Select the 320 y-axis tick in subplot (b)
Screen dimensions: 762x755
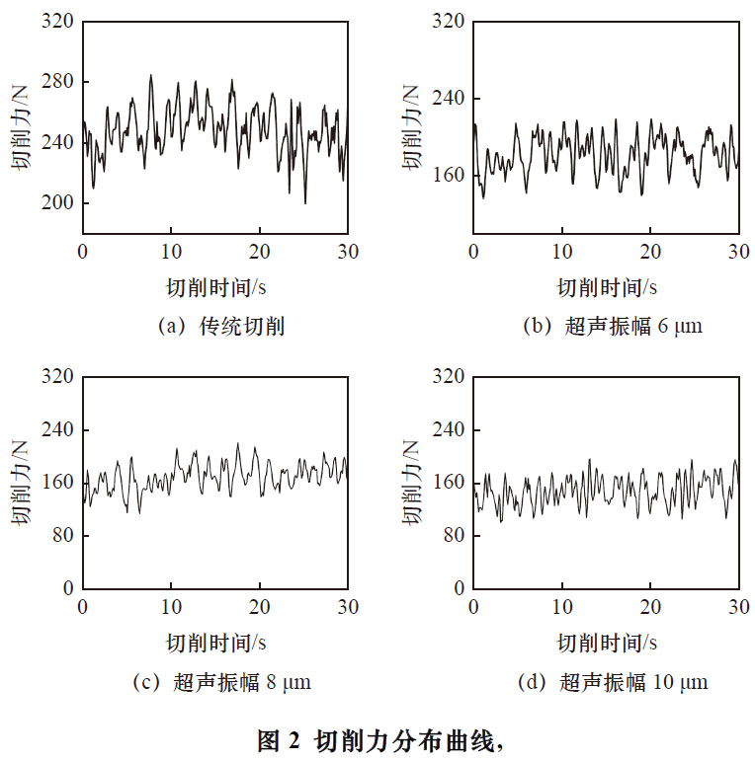(x=451, y=22)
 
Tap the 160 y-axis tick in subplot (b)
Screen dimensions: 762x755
(x=451, y=176)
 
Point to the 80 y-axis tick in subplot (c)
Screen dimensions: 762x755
(x=63, y=535)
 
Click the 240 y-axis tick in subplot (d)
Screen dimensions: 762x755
(x=451, y=430)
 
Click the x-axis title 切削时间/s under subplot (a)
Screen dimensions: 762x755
(x=216, y=287)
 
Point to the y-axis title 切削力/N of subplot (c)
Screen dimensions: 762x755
(x=21, y=483)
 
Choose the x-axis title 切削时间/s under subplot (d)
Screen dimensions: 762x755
(x=607, y=643)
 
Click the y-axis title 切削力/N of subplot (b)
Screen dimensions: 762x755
(x=412, y=127)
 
